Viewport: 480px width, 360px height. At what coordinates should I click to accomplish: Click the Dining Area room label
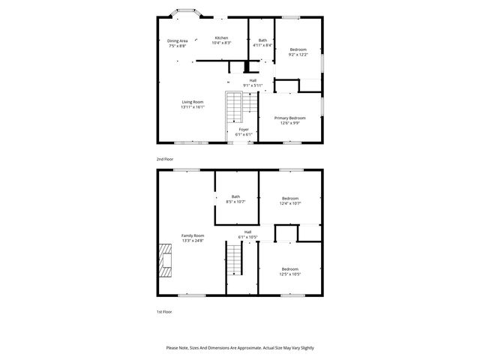177,40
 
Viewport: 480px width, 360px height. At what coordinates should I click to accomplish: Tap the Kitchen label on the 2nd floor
221,37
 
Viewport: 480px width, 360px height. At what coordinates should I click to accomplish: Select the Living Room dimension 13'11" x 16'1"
192,107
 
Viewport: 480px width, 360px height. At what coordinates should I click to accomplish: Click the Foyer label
244,130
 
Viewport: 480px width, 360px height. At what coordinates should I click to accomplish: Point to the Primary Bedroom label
289,118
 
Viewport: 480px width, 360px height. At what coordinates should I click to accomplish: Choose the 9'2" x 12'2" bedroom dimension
298,55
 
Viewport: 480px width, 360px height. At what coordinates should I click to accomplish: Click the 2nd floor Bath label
262,40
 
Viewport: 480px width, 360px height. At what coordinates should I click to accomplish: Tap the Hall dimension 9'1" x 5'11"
253,85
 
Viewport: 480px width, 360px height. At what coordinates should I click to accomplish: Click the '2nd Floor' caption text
164,160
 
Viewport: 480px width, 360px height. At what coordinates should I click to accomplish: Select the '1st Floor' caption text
163,311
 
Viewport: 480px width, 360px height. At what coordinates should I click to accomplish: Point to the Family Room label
192,235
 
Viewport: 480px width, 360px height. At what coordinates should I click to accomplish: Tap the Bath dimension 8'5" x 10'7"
236,202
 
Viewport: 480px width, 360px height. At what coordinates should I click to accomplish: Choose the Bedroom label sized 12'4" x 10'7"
289,198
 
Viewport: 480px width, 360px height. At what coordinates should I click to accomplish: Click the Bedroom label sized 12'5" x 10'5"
289,268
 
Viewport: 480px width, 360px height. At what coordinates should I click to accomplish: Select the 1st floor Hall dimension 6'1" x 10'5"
247,237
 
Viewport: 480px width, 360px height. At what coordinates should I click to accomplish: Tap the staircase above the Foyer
236,109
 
